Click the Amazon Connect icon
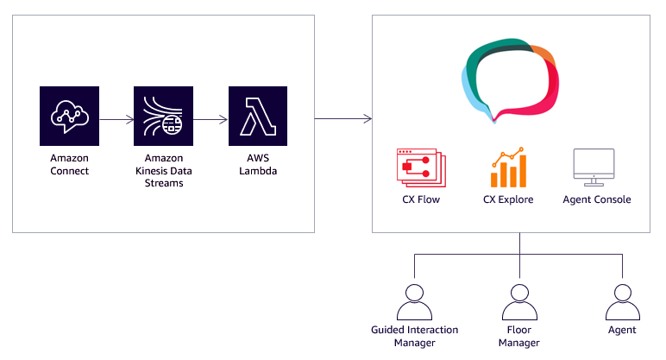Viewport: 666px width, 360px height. click(70, 116)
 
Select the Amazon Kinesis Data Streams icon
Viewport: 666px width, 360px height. click(164, 116)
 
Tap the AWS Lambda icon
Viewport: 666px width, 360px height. click(258, 116)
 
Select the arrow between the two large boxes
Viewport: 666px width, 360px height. click(342, 117)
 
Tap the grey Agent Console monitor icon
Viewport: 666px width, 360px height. click(594, 167)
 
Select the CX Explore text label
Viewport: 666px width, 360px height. click(508, 199)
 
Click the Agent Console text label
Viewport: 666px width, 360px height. click(596, 199)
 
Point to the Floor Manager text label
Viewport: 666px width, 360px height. click(518, 337)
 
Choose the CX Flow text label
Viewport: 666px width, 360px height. click(420, 199)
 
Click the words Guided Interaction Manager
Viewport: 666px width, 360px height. click(415, 337)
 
